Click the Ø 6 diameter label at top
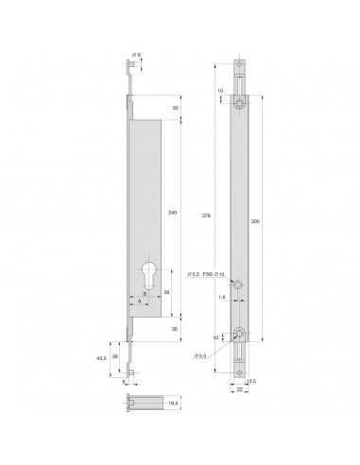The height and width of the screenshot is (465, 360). (x=137, y=56)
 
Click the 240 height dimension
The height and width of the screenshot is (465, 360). (x=172, y=214)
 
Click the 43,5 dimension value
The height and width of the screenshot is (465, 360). (x=102, y=358)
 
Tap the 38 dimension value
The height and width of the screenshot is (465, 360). (x=116, y=356)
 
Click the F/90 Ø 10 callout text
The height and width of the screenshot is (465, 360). (x=214, y=274)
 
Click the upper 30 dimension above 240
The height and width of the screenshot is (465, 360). (x=176, y=108)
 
